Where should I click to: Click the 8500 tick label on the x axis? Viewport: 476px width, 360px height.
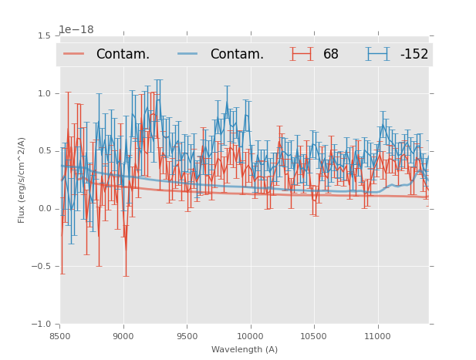coord(60,336)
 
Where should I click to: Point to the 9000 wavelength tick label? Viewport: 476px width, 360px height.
coord(123,336)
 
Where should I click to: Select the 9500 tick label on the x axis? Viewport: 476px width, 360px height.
coord(187,336)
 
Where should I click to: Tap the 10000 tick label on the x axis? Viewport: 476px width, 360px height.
coord(250,336)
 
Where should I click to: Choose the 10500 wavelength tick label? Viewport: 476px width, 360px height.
coord(314,336)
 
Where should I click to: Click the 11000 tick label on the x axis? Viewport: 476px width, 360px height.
coord(377,336)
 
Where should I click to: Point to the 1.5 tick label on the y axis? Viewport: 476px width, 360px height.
coord(43,36)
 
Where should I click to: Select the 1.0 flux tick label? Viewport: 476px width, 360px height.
coord(43,94)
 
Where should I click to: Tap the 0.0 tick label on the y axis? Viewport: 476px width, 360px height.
coord(43,209)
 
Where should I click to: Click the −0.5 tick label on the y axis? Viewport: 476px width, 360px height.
coord(41,267)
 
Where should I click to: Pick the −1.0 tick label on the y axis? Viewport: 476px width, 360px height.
coord(41,325)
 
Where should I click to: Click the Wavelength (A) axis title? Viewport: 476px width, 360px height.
coord(245,349)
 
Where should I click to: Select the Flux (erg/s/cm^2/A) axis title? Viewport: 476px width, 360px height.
coord(22,180)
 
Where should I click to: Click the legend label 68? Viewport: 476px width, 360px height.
coord(331,55)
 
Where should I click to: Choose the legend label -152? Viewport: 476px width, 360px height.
coord(414,55)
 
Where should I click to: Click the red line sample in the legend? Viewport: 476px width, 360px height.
coord(74,54)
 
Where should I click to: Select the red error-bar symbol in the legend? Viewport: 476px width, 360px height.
coord(302,54)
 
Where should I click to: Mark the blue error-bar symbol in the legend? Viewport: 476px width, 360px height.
coord(378,54)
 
